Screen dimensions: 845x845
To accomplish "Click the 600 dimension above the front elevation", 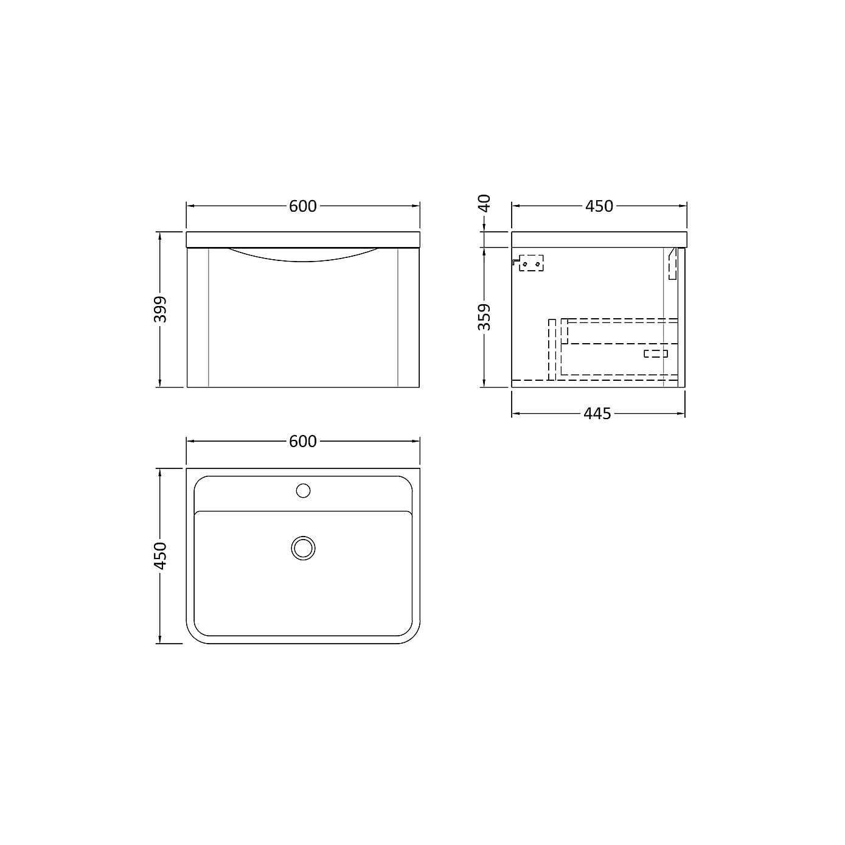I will click(302, 206).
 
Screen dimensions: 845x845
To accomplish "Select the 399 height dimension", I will click(160, 309).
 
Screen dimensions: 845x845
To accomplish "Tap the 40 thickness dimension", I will click(484, 203).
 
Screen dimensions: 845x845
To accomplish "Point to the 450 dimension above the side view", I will click(599, 206).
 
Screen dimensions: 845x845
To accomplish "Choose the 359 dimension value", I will click(484, 316).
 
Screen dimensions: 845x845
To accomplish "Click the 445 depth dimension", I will click(597, 414).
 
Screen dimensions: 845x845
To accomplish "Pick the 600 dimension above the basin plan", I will click(302, 441).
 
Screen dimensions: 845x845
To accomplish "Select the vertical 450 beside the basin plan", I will click(160, 555).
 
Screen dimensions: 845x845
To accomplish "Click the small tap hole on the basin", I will click(303, 490).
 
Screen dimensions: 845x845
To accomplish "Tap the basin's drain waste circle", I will click(303, 548).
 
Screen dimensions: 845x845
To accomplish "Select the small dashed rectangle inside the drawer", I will click(656, 353).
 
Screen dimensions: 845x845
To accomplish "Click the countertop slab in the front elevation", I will click(302, 239).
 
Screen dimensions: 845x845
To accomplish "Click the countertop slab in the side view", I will click(599, 239).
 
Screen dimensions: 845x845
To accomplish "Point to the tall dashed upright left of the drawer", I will click(552, 349).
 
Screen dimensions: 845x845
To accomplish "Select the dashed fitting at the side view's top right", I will click(672, 263).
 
